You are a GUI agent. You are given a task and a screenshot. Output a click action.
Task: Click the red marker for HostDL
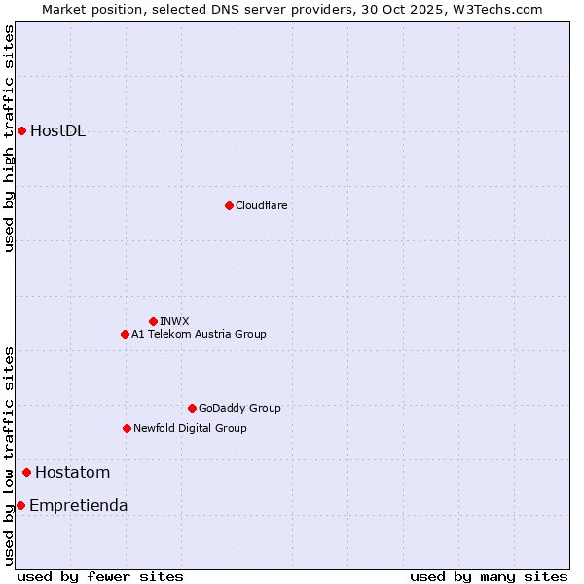21,130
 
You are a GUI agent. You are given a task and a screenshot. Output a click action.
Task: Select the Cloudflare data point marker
229,205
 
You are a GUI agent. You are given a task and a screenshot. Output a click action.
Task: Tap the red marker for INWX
153,321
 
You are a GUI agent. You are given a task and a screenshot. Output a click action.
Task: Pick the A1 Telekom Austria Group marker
125,334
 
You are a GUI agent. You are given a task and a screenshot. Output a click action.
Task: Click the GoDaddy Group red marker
192,408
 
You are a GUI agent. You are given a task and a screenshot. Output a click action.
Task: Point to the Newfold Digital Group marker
127,428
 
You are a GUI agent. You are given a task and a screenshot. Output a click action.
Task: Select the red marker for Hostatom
26,473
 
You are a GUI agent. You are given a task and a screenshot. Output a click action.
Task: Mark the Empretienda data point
20,505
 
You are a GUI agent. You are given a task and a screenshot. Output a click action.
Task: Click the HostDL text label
58,131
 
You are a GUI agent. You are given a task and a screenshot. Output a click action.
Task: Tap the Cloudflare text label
261,205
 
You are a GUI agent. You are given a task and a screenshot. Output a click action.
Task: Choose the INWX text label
174,321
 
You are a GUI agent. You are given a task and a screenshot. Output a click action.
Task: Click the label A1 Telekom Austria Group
199,334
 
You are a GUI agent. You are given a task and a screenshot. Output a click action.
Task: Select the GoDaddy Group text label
239,408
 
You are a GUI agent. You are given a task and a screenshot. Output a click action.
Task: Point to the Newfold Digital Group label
190,428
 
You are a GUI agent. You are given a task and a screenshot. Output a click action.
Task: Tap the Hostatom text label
72,473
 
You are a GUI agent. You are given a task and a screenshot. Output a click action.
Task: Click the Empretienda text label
78,506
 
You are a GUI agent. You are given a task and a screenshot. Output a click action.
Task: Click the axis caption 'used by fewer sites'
100,576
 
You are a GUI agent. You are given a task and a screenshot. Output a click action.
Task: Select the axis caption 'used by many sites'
489,576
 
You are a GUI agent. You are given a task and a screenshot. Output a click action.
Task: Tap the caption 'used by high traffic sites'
9,138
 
